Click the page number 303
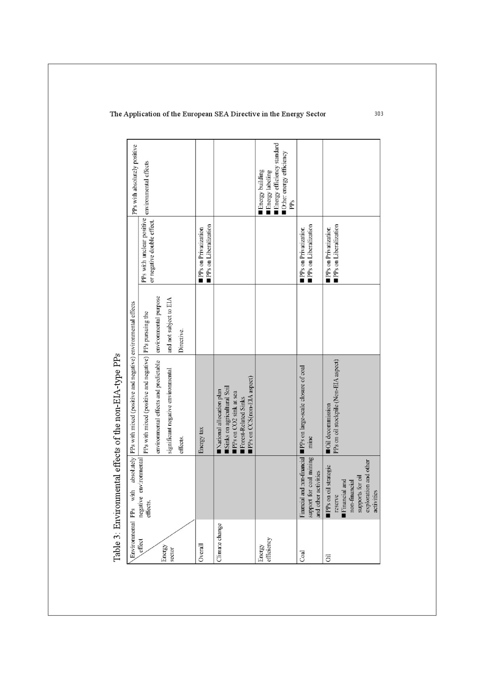[379, 114]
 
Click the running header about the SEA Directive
[217, 114]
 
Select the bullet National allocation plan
[219, 422]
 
